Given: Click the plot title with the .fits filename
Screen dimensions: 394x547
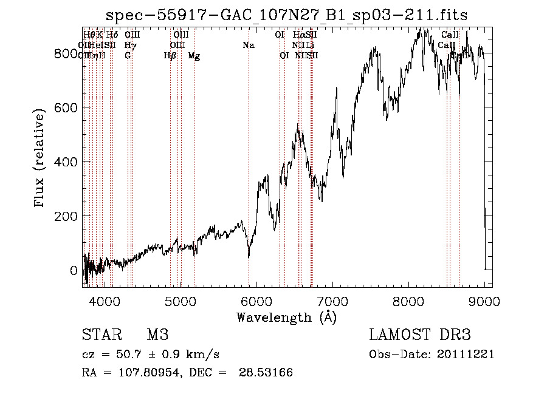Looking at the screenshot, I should tap(287, 15).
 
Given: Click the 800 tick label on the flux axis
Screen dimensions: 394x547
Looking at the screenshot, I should tap(64, 53).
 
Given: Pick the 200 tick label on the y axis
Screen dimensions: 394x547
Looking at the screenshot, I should tap(64, 216).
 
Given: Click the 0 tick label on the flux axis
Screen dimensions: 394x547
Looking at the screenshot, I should tap(73, 270).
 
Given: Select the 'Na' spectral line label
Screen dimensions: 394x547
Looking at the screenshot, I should tap(248, 46).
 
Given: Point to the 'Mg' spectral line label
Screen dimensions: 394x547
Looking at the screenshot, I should tap(194, 56).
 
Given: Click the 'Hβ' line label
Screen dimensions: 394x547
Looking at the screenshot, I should tap(170, 56).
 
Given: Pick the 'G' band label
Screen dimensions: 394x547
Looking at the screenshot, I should tap(128, 56).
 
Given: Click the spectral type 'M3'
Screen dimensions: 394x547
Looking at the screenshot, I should tap(157, 335).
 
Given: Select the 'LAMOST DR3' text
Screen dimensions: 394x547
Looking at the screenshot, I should tap(419, 335).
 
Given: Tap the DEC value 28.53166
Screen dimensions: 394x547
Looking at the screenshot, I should tap(267, 373).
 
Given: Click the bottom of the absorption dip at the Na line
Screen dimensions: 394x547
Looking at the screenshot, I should tap(249, 257).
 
